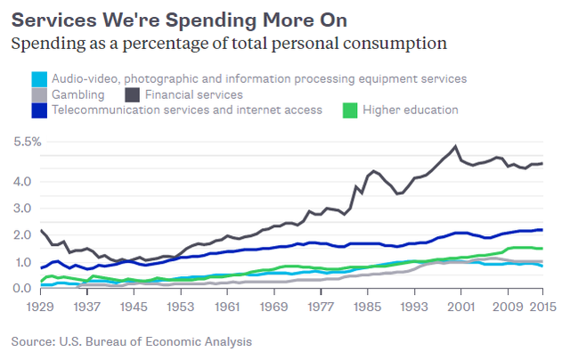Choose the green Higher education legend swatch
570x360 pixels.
(x=351, y=110)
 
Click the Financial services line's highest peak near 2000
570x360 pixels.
(x=456, y=146)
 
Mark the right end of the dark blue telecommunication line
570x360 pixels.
(x=542, y=230)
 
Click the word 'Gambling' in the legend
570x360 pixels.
(x=79, y=94)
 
